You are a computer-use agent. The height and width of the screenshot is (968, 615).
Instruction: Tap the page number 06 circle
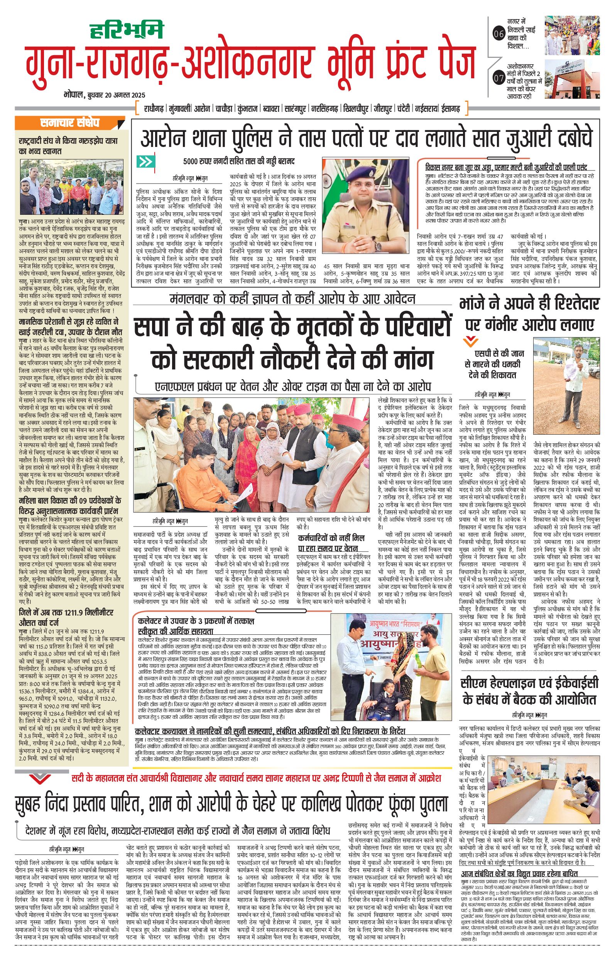498,34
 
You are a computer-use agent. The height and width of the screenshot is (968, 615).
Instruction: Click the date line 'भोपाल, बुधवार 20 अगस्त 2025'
104,95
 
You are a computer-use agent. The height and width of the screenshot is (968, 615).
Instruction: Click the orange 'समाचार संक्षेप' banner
69,123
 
